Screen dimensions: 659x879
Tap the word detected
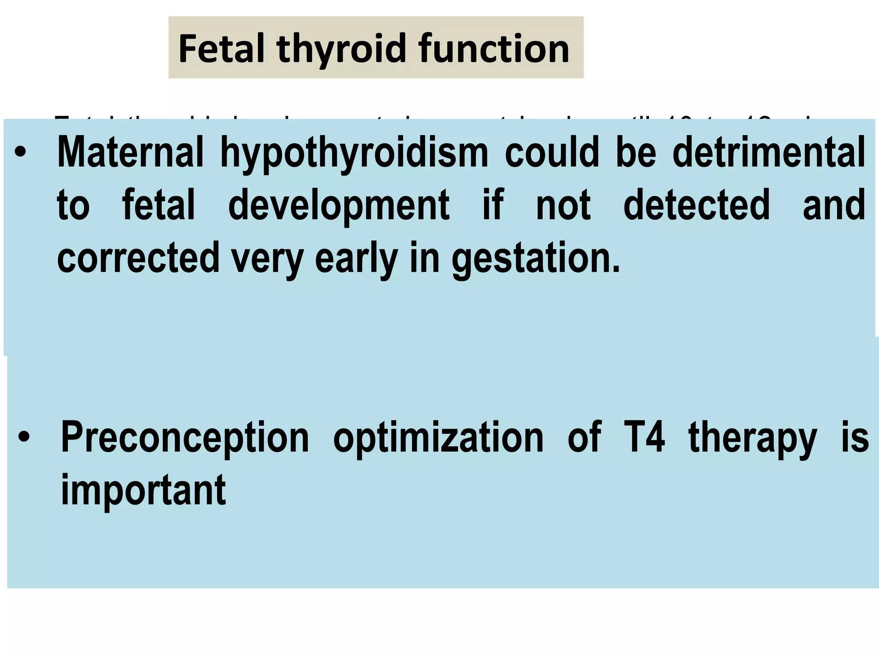696,205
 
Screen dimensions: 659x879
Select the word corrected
138,257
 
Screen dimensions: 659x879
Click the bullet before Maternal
21,153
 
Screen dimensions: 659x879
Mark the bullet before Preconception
24,438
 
